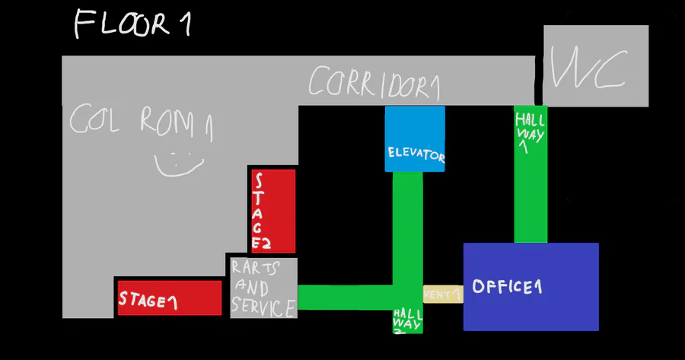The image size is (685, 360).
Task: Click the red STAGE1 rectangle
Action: point(169,298)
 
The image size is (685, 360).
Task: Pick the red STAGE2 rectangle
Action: point(272,211)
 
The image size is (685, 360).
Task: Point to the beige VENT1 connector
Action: point(442,294)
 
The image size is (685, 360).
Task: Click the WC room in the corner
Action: point(595,65)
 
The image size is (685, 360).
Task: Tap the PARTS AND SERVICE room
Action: point(263,288)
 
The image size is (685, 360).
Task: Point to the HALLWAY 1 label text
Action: point(530,132)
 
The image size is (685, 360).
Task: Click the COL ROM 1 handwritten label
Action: point(141,122)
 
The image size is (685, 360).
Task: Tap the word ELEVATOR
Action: point(415,155)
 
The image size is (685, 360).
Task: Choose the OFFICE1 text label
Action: point(506,287)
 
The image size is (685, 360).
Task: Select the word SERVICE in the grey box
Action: point(263,308)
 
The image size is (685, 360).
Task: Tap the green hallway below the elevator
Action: point(408,228)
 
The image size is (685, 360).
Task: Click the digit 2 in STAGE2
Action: point(266,244)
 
